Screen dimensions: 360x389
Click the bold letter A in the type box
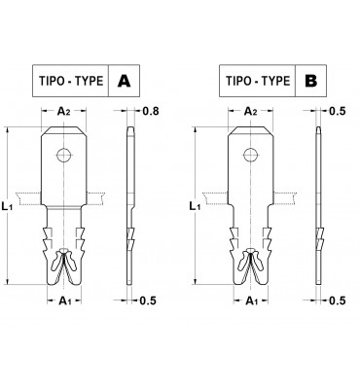click(124, 81)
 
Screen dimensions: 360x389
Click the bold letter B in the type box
click(310, 81)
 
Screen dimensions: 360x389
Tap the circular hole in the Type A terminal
click(64, 155)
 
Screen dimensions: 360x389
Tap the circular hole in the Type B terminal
click(251, 155)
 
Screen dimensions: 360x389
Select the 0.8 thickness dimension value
click(151, 111)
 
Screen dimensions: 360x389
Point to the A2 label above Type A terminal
click(64, 112)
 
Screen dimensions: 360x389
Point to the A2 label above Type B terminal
click(251, 112)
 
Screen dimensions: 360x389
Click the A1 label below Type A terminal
click(64, 301)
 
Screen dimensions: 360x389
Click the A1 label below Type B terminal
click(251, 301)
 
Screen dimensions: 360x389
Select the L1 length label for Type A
click(7, 206)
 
